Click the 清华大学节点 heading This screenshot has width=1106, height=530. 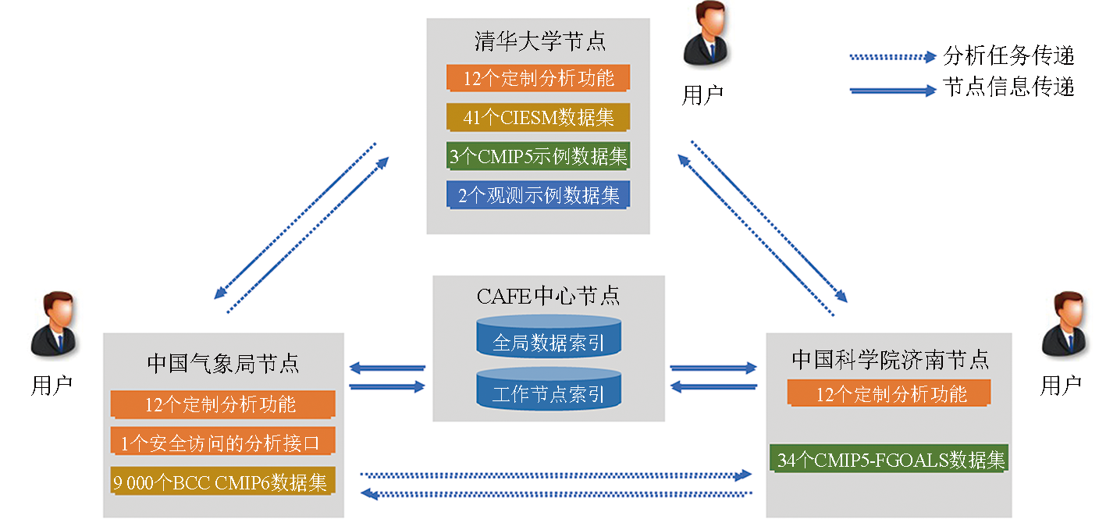point(539,41)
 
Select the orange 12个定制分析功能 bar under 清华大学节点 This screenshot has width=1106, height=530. point(539,78)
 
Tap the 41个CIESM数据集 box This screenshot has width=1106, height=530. point(539,118)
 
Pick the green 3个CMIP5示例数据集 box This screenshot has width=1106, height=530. point(539,156)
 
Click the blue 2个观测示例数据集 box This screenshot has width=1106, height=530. point(539,195)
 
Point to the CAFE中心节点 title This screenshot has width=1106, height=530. point(548,296)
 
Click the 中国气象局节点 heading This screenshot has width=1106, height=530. point(223,363)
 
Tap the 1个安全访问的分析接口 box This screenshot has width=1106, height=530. point(222,443)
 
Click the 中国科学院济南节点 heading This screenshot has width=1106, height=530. point(890,359)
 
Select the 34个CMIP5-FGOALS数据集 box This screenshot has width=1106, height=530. point(890,459)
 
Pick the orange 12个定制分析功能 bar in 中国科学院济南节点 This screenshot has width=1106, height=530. point(890,394)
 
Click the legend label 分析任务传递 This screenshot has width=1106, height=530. point(1008,56)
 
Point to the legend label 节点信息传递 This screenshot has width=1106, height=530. point(1008,87)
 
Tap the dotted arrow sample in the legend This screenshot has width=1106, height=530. point(892,57)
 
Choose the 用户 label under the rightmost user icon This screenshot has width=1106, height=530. point(1062,385)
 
